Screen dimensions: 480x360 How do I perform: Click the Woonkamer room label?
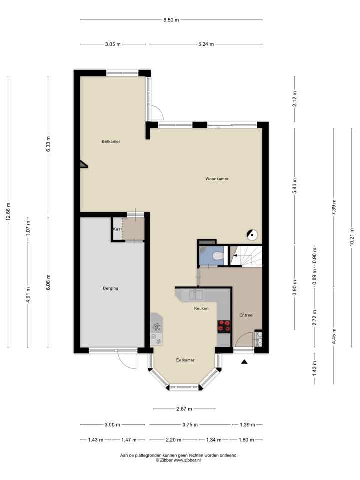[x=217, y=179]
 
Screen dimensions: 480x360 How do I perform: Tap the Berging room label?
[x=110, y=288]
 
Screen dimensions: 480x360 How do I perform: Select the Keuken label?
[x=201, y=309]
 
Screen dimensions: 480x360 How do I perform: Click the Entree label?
[x=246, y=315]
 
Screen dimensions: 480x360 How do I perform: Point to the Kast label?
[x=117, y=229]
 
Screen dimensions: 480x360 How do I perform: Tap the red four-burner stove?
[x=224, y=326]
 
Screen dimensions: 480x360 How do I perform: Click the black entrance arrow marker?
[x=244, y=362]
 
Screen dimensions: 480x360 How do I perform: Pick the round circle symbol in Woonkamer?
[x=253, y=233]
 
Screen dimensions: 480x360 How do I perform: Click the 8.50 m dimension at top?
[x=171, y=20]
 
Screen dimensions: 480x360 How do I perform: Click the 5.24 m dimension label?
[x=205, y=44]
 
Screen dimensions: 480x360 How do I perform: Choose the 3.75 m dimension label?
[x=190, y=425]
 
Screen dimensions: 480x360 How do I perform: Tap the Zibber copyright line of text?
[x=178, y=460]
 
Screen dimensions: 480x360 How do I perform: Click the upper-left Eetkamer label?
[x=111, y=141]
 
